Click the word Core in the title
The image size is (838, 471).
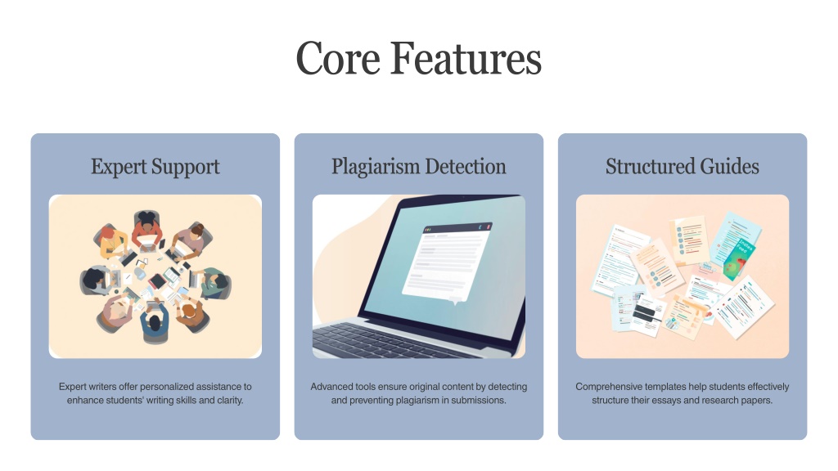(338, 58)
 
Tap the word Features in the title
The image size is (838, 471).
(466, 58)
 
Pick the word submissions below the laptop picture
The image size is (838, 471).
(478, 400)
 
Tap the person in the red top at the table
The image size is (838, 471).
(147, 229)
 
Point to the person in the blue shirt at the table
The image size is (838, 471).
(155, 322)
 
